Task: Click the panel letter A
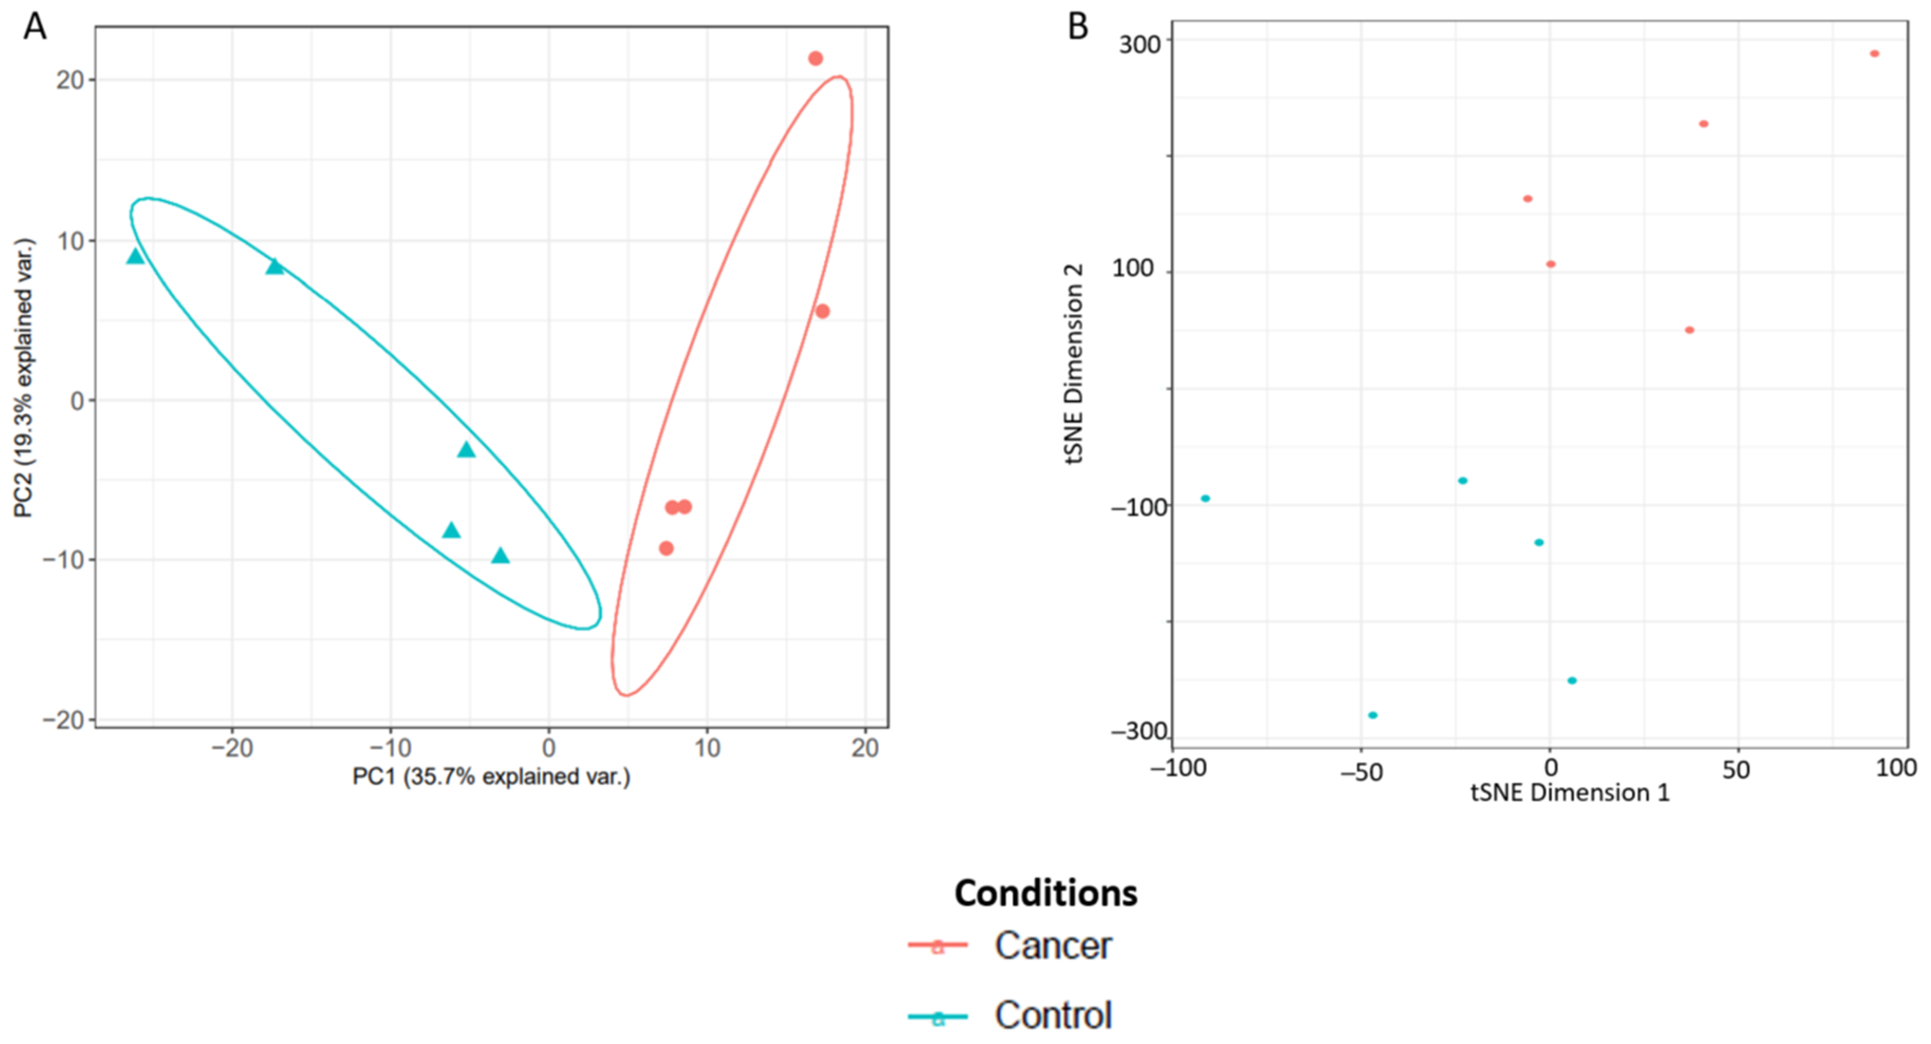coord(34,28)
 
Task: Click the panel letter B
coord(1077,28)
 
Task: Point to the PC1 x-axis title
coord(491,776)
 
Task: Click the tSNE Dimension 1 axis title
coord(1570,793)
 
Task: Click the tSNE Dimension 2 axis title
coord(1074,364)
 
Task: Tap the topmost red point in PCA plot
coord(815,59)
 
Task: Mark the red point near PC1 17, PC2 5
coord(822,311)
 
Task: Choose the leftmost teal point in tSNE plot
coord(1205,499)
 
